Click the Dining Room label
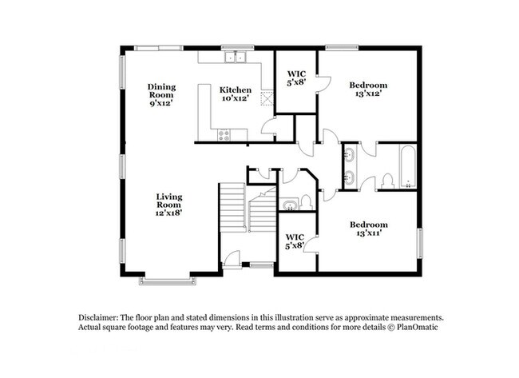tap(161, 91)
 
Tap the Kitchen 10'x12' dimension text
tap(236, 98)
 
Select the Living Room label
tap(169, 201)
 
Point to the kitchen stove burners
tap(224, 136)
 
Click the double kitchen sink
tap(236, 57)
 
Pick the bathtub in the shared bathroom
tap(408, 167)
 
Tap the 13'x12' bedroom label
tap(368, 94)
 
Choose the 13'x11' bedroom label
tap(369, 233)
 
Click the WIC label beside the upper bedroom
tap(296, 74)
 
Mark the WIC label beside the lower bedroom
tap(295, 237)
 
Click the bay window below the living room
tap(167, 281)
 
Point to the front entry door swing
tap(232, 257)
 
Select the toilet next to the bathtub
tap(387, 181)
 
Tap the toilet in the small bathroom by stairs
tap(306, 202)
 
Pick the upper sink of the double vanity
tap(349, 154)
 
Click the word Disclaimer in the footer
tap(98, 317)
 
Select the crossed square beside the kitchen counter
tap(267, 98)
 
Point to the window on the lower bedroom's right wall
tap(419, 243)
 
